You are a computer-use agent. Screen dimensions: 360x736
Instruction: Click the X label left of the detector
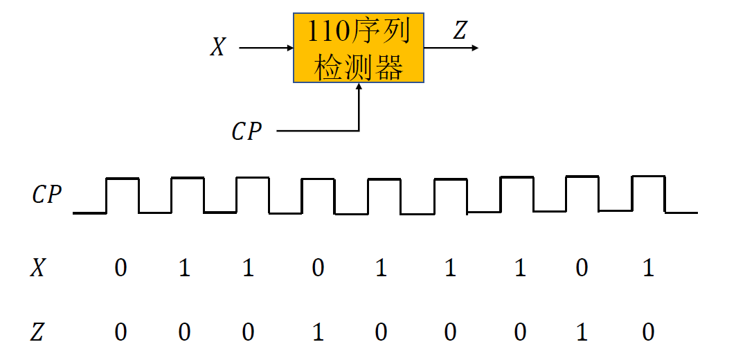218,48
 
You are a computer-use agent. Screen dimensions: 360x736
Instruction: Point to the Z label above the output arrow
460,30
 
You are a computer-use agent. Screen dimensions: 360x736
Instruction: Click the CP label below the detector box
246,132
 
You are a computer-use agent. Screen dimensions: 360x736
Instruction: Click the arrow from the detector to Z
451,48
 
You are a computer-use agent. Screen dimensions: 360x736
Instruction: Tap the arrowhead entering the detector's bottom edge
359,89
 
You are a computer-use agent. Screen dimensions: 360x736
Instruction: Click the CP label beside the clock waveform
47,196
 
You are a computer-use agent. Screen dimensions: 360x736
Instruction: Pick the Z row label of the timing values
38,333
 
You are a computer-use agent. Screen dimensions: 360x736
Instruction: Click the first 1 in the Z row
318,333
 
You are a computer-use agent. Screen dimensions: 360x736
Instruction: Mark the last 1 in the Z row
582,333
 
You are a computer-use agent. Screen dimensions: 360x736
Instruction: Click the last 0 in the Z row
648,333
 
